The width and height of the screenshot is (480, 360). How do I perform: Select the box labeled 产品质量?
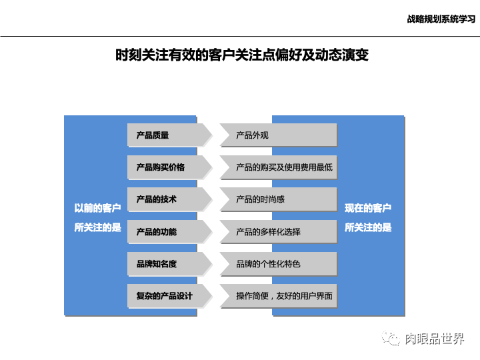167,135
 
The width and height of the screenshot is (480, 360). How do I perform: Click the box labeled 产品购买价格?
167,167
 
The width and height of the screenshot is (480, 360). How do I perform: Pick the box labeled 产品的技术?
167,199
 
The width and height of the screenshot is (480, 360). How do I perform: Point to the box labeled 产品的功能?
167,231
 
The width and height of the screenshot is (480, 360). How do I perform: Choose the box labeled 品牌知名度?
167,263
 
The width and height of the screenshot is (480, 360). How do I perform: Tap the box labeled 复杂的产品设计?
167,295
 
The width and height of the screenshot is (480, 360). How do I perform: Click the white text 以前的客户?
97,208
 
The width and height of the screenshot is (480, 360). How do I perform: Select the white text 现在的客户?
368,208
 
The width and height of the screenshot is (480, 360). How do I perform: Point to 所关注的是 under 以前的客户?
97,227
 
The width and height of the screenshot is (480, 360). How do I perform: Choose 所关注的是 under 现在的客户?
368,227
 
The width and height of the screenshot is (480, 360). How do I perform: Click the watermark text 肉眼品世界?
435,339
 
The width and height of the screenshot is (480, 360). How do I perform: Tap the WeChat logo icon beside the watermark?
391,339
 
